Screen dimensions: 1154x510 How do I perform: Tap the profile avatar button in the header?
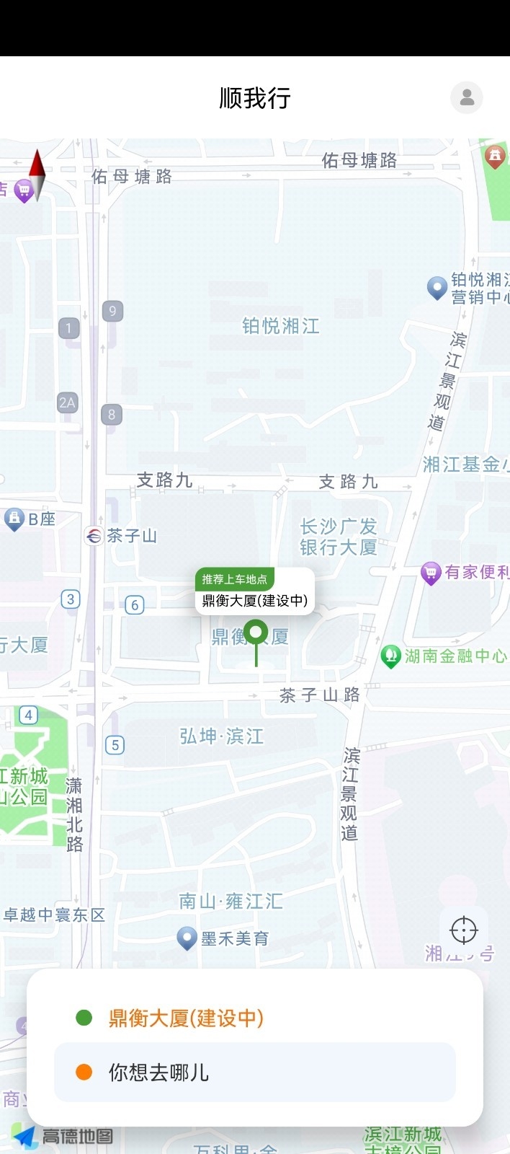click(467, 97)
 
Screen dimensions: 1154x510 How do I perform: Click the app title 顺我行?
click(255, 98)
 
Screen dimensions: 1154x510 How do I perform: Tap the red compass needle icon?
click(37, 174)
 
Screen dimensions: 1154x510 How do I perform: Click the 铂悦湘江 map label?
click(280, 326)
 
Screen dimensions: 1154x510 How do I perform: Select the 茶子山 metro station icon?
click(94, 536)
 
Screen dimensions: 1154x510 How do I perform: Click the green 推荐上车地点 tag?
click(235, 579)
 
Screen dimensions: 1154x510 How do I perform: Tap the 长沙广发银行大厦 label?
click(339, 537)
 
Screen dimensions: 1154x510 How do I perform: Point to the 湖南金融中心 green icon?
click(390, 656)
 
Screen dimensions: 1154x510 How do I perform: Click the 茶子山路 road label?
click(319, 695)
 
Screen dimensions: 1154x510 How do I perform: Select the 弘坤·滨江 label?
click(221, 736)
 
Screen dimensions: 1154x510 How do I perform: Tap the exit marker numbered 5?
click(115, 745)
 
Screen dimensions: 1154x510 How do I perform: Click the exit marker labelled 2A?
click(67, 402)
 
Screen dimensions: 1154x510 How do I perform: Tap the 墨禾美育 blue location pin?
click(187, 938)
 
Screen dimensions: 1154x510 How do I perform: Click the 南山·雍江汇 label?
click(231, 902)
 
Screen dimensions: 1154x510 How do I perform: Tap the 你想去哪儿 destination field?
click(255, 1072)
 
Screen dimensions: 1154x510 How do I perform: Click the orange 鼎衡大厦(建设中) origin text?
click(186, 1018)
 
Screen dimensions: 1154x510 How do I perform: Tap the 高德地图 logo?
click(63, 1137)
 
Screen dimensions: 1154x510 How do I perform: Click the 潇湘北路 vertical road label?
click(74, 814)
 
